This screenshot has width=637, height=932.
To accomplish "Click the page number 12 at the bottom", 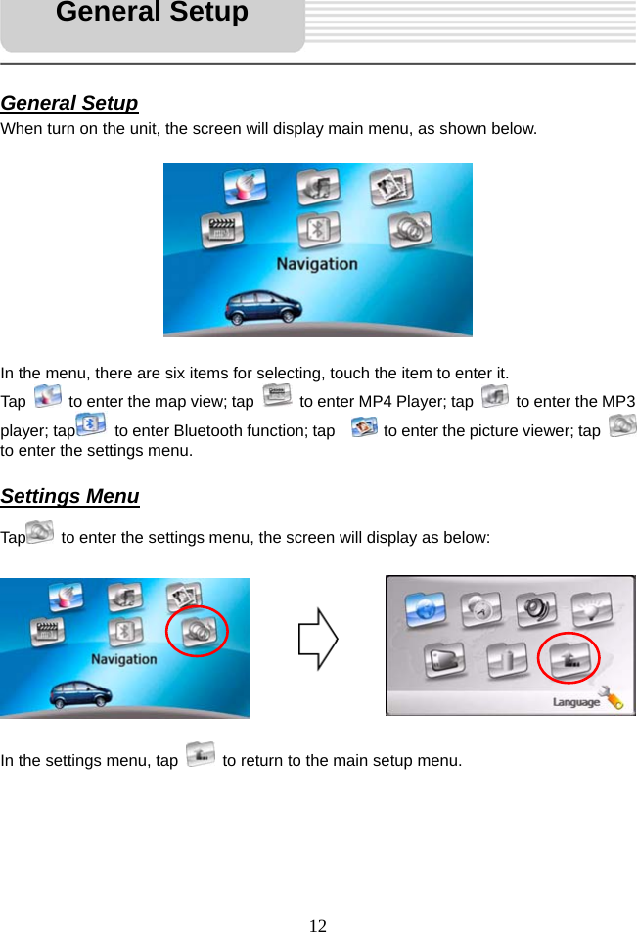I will (x=318, y=925).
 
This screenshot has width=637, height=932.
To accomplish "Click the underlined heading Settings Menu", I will (x=70, y=496).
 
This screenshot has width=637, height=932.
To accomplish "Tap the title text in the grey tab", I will (x=152, y=14).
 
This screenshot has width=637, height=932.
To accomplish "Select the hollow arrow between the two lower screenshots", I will (x=318, y=640).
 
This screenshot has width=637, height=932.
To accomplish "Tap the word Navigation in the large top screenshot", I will (x=316, y=263).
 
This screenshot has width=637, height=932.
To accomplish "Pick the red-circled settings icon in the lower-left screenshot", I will (x=199, y=631).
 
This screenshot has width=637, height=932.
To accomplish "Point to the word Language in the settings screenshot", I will (x=576, y=701).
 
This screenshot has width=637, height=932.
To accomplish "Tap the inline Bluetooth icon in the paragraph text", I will (x=92, y=424).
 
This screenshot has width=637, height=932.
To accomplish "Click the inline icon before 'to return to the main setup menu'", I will (x=200, y=754).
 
